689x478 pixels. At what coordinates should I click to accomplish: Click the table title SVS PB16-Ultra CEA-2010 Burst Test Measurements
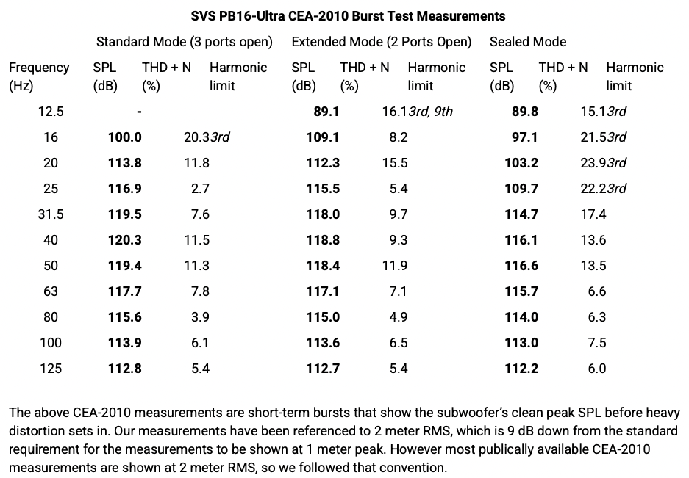click(348, 16)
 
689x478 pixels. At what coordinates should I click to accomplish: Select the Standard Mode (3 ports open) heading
click(185, 42)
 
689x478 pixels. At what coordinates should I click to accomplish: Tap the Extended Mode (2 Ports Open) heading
click(382, 42)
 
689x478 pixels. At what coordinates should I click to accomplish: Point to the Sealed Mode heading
click(528, 42)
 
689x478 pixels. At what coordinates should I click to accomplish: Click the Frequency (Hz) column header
click(39, 76)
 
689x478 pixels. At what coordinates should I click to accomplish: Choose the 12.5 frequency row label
click(51, 112)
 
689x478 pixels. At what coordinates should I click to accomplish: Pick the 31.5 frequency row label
click(51, 214)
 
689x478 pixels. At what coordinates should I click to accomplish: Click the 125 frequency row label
click(51, 369)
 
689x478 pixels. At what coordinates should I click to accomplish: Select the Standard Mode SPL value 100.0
click(125, 137)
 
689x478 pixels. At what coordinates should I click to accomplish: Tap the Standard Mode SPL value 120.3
click(125, 239)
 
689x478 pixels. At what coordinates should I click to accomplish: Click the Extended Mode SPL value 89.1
click(326, 112)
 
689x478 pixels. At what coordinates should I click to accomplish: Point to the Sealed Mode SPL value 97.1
click(525, 137)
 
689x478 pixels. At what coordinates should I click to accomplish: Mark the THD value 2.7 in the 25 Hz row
click(200, 188)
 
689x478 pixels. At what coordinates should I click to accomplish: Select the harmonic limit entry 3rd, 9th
click(431, 112)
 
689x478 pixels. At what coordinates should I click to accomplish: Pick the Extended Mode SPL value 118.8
click(323, 239)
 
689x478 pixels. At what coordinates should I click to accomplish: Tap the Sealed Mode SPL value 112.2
click(521, 369)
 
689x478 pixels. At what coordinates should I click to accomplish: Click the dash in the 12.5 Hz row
click(139, 112)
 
